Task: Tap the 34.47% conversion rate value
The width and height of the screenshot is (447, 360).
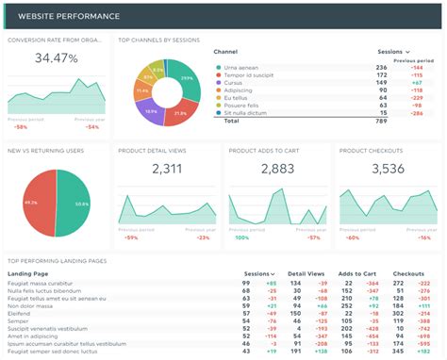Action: [x=56, y=58]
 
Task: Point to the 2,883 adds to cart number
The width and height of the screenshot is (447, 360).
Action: [x=277, y=169]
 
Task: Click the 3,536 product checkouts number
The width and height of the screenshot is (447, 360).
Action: [x=388, y=169]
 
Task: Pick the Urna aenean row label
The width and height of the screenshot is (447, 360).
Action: [x=242, y=68]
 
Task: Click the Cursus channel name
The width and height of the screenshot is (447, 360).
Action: [x=235, y=83]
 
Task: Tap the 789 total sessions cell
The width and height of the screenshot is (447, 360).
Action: [x=382, y=121]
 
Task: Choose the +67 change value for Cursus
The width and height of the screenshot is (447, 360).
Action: [x=415, y=83]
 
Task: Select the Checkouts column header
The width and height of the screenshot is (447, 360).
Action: [x=408, y=273]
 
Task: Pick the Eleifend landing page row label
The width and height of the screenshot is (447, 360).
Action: [x=21, y=314]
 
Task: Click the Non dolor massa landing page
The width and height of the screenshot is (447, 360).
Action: [x=30, y=306]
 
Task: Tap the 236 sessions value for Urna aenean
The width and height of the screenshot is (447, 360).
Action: [x=382, y=68]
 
